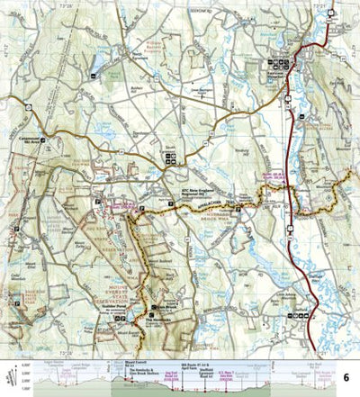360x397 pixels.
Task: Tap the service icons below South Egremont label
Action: click(x=171, y=159)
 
